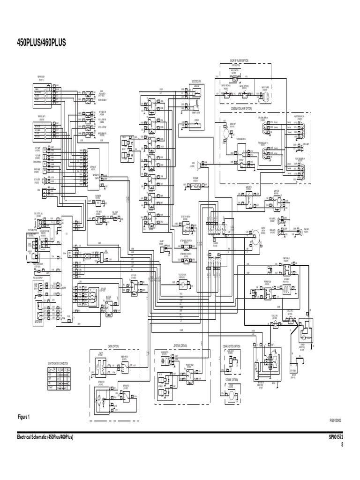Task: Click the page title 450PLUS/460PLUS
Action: click(41, 43)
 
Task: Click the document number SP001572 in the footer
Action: click(336, 437)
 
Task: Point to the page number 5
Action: click(342, 444)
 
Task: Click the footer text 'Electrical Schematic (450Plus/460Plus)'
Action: click(45, 437)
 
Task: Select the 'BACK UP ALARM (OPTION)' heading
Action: click(242, 61)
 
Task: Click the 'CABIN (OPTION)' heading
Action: click(113, 346)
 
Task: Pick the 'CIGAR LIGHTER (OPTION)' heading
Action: click(231, 346)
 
